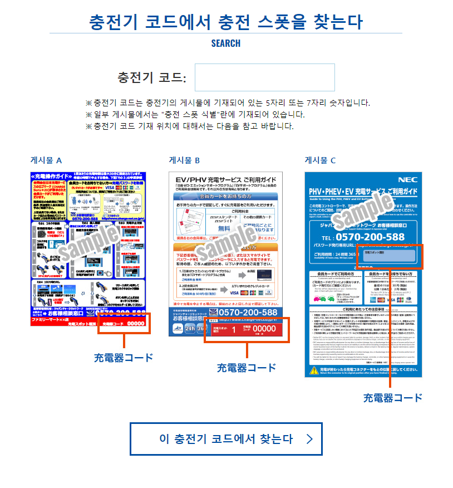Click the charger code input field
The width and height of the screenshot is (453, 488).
click(264, 77)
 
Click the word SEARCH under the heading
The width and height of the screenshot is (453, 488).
click(226, 43)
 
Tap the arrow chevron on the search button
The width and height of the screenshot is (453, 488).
click(310, 439)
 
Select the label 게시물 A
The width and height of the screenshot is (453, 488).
click(46, 160)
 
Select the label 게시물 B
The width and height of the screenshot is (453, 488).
click(184, 160)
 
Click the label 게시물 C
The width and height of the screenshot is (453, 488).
click(320, 160)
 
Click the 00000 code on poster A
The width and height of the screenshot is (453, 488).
click(136, 323)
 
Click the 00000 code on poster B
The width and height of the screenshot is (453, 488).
click(260, 329)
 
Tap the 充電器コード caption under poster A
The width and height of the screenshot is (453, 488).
click(124, 357)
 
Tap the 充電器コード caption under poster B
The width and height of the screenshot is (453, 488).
click(247, 368)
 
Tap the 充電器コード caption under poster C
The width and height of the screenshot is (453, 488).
click(393, 398)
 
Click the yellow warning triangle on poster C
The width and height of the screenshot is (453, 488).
click(312, 370)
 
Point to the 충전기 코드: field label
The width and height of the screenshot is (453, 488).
click(151, 77)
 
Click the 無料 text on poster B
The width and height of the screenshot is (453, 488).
click(209, 228)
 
